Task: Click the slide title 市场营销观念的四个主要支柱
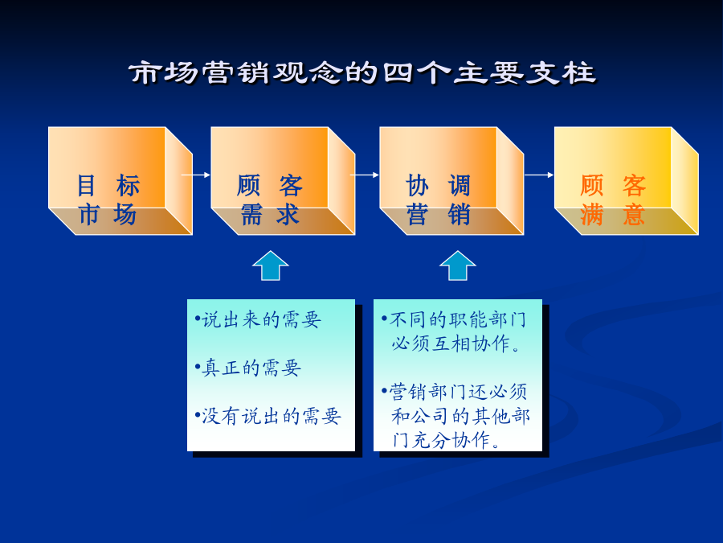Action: coord(362,73)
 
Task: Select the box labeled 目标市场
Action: coord(120,180)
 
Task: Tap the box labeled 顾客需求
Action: coord(283,180)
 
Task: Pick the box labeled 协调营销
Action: coord(451,180)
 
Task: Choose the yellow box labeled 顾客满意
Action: coord(626,180)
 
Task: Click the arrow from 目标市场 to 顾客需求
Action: coord(196,175)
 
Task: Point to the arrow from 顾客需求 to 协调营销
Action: coord(365,175)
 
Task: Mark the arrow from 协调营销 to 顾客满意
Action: coord(539,175)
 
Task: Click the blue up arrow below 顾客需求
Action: coord(271,266)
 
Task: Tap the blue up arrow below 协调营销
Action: coord(457,266)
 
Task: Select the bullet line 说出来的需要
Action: coord(258,319)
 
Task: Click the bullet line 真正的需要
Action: coord(248,368)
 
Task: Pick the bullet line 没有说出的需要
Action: coord(268,417)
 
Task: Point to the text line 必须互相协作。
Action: coord(456,343)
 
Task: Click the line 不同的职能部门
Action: coord(454,319)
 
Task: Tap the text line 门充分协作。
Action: coord(447,440)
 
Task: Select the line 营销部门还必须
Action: coord(454,392)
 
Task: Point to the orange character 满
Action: coord(591,214)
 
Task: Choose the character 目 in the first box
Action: coord(86,185)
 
